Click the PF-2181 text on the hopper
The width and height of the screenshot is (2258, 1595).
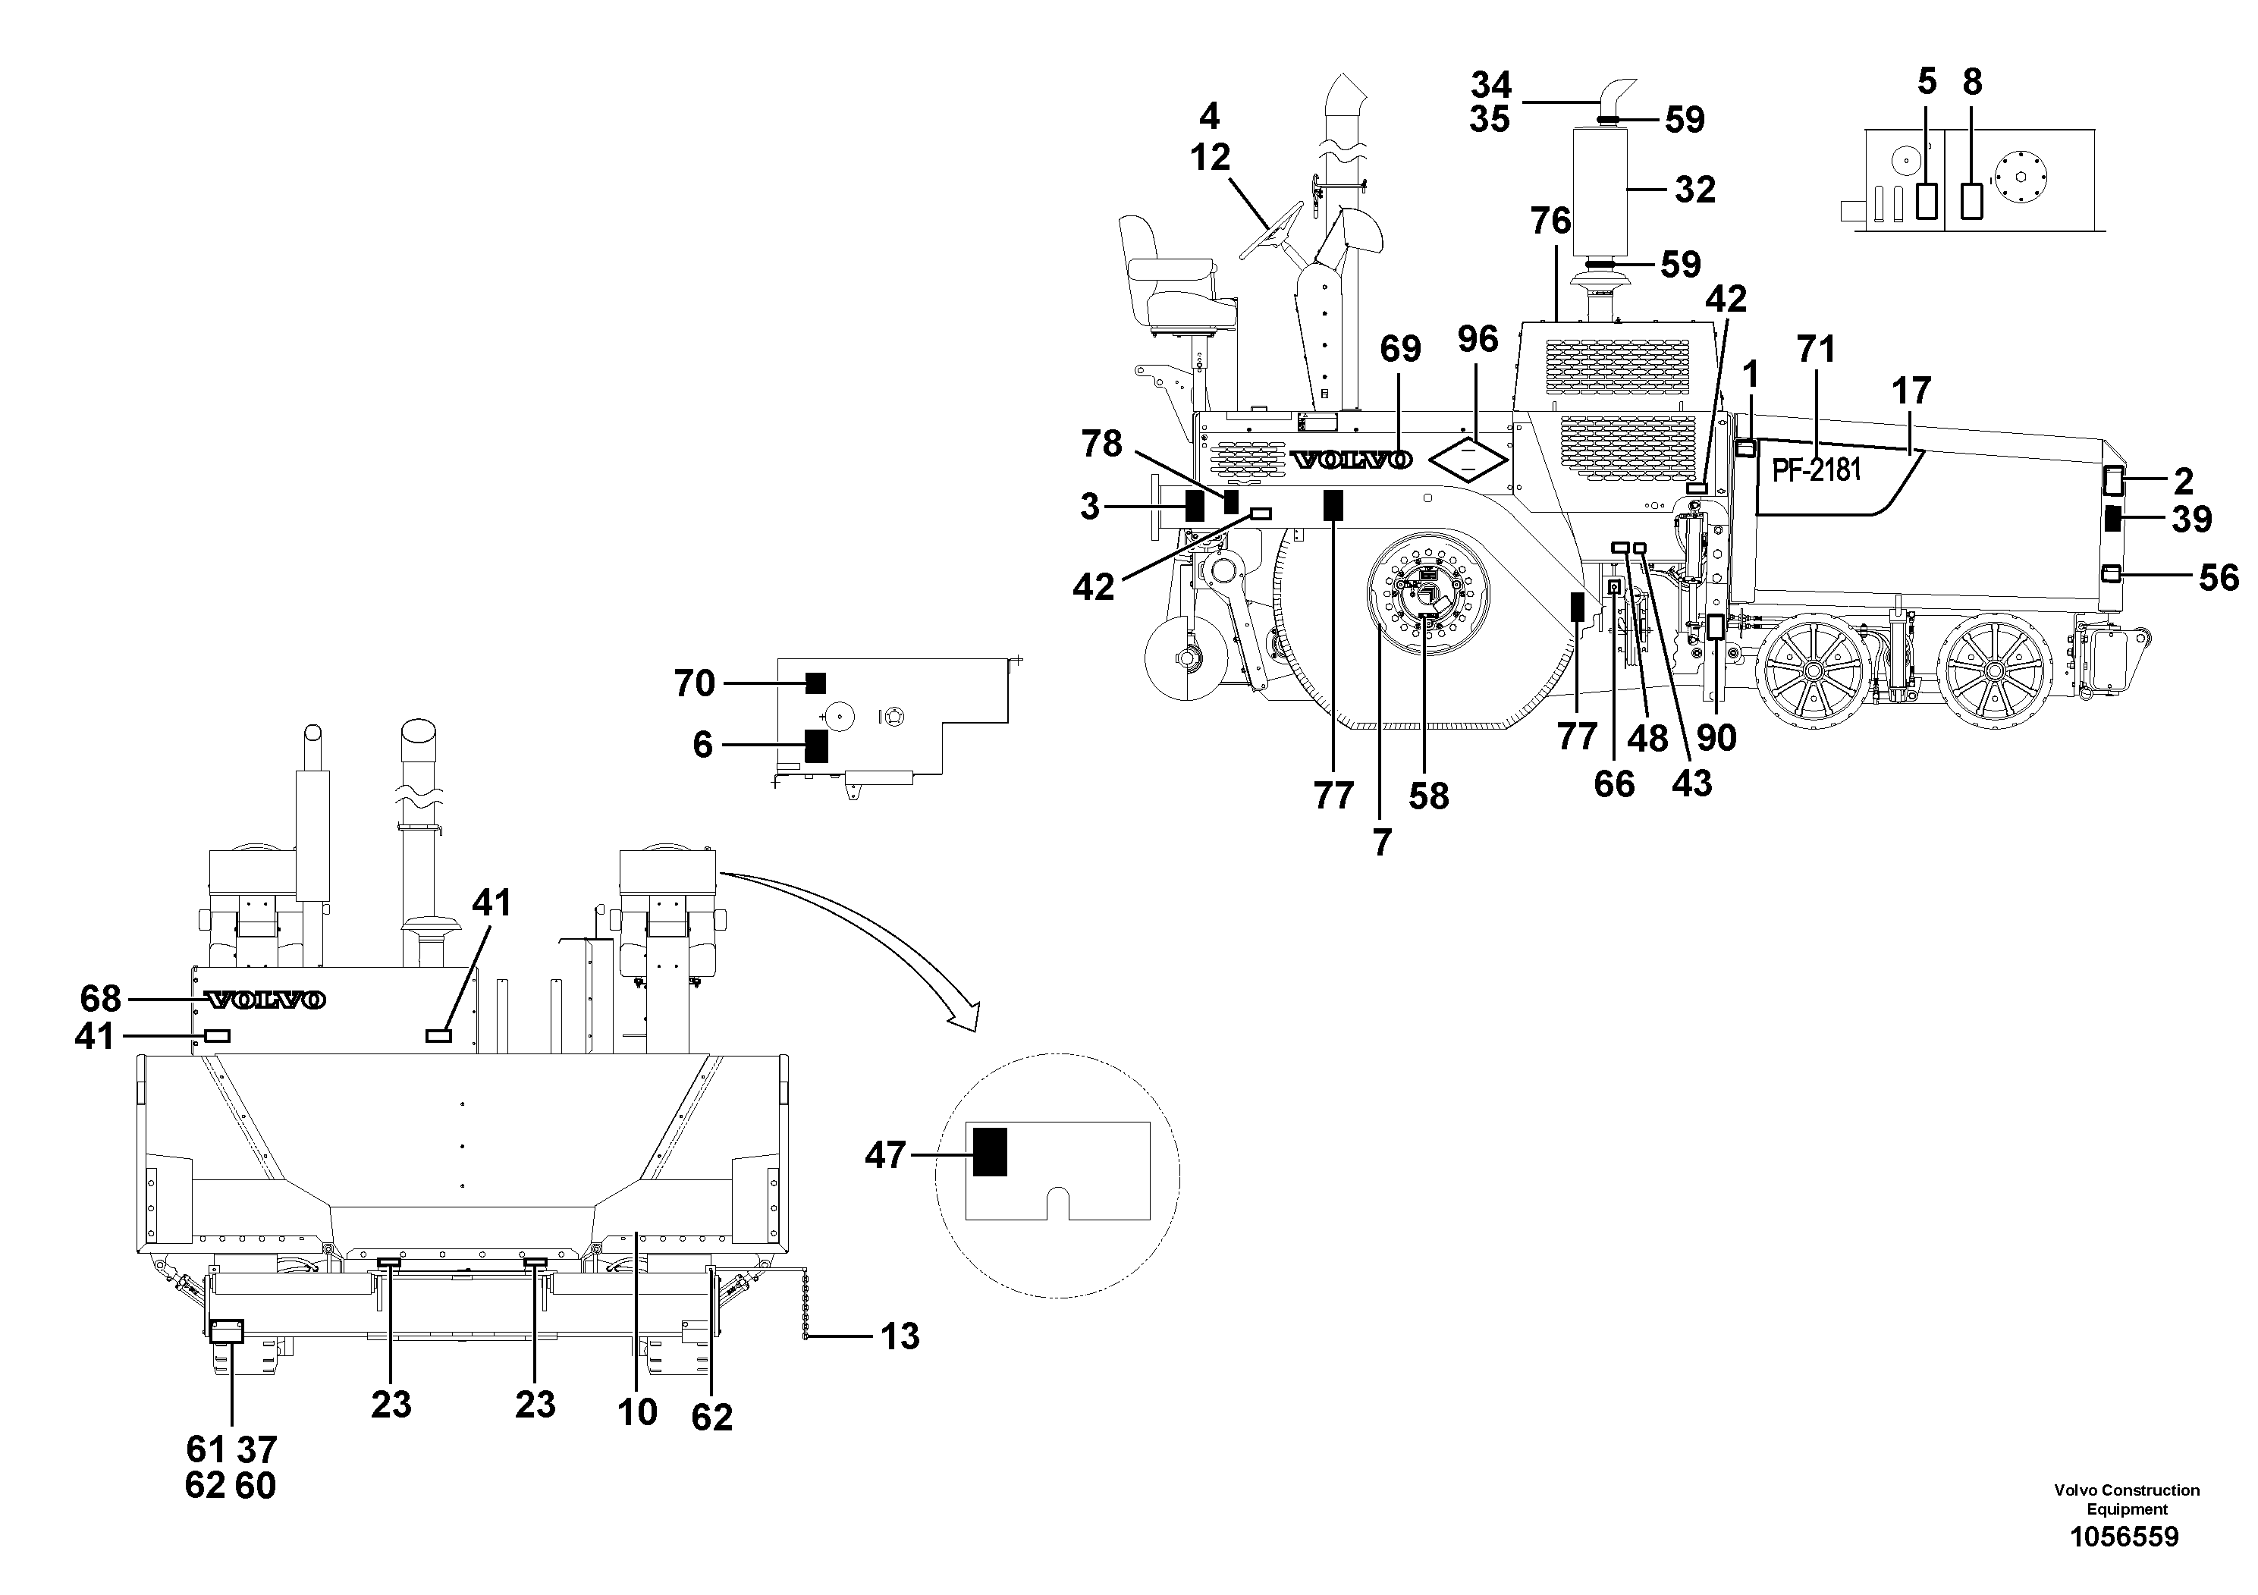coord(1817,470)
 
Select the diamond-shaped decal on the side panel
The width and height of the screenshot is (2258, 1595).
coord(1468,459)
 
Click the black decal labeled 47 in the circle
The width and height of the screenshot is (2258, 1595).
coord(989,1151)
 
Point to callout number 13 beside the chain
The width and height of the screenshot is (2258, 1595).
coord(900,1336)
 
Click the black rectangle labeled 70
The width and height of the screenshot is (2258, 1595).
coord(815,683)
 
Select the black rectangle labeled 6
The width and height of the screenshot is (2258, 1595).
coord(815,746)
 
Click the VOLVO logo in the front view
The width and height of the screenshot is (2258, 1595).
coord(265,1000)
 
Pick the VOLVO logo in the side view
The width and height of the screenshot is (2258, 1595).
coord(1352,460)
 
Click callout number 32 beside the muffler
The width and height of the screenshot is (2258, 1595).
coord(1694,189)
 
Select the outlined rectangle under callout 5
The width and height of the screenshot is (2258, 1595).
coord(1927,200)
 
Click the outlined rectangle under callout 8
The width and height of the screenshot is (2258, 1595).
coord(1972,200)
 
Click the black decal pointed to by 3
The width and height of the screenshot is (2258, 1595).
coord(1195,505)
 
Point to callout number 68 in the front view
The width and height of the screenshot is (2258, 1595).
coord(100,999)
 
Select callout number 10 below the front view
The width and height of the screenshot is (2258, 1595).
coord(637,1412)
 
